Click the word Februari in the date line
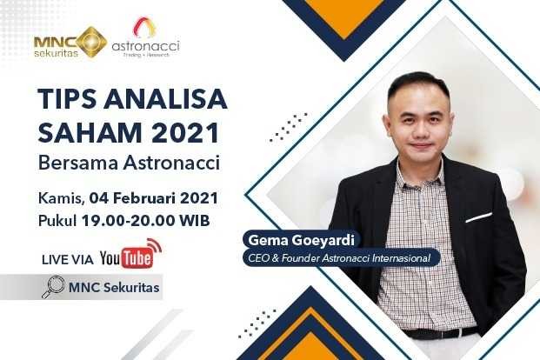142,197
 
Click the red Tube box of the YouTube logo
139,258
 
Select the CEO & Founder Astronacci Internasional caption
335,257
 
